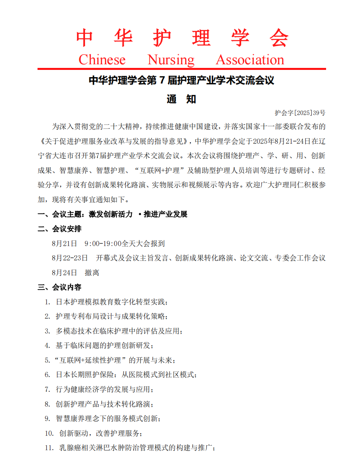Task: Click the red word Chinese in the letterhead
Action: pyautogui.click(x=102, y=60)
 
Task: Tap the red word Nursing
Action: pyautogui.click(x=171, y=60)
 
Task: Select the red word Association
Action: pyautogui.click(x=250, y=60)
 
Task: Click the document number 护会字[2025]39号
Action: pyautogui.click(x=300, y=113)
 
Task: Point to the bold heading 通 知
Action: pyautogui.click(x=182, y=99)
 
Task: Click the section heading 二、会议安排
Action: pyautogui.click(x=59, y=229)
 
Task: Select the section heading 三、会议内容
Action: pyautogui.click(x=59, y=287)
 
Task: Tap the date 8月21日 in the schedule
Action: pyautogui.click(x=64, y=243)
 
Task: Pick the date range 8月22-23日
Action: pyautogui.click(x=70, y=258)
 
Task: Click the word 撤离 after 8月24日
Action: pyautogui.click(x=92, y=273)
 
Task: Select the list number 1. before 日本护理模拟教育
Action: pyautogui.click(x=47, y=302)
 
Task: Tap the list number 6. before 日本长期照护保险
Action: pyautogui.click(x=47, y=375)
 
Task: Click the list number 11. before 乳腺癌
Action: pyautogui.click(x=49, y=447)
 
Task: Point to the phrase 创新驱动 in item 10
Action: pyautogui.click(x=73, y=433)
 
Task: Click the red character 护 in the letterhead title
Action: pyautogui.click(x=162, y=38)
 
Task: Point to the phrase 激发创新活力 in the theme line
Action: pyautogui.click(x=111, y=215)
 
